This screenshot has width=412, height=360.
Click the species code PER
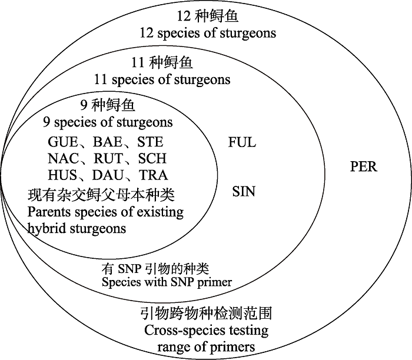pyautogui.click(x=363, y=166)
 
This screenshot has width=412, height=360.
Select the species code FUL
pyautogui.click(x=242, y=142)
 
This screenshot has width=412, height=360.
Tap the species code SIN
pyautogui.click(x=243, y=191)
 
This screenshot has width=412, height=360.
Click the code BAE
pyautogui.click(x=107, y=142)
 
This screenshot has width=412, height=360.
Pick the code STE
pyautogui.click(x=150, y=142)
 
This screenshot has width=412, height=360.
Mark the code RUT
pyautogui.click(x=107, y=159)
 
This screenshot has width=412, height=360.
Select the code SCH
pyautogui.click(x=152, y=159)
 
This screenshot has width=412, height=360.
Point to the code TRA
pyautogui.click(x=153, y=175)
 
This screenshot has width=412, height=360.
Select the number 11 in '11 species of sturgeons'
pyautogui.click(x=102, y=79)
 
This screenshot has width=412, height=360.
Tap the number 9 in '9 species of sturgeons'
pyautogui.click(x=47, y=122)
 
